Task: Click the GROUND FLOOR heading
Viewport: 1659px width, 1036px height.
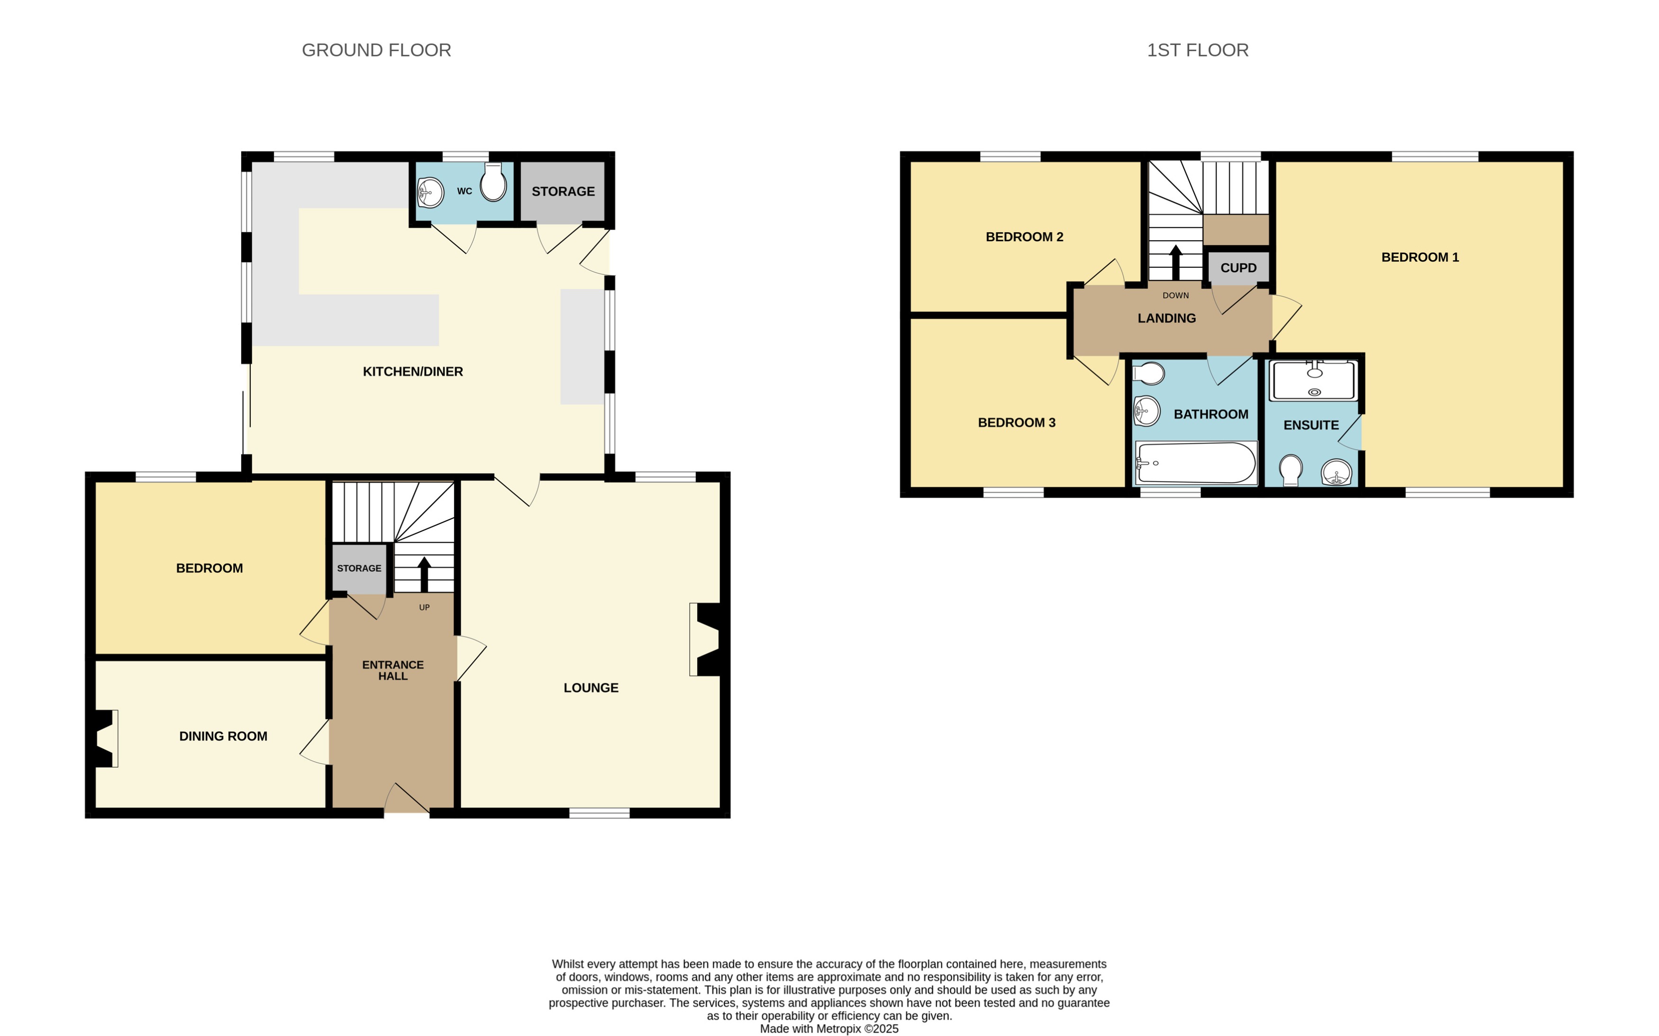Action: tap(376, 50)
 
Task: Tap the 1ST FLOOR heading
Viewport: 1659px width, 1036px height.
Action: tap(1197, 50)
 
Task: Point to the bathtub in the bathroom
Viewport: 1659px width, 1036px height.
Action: tap(1196, 463)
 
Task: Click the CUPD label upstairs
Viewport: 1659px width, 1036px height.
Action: tap(1238, 268)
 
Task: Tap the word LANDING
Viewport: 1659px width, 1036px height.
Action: tap(1167, 318)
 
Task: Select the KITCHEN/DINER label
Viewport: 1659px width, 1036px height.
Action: tap(412, 372)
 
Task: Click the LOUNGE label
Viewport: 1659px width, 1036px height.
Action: tap(591, 687)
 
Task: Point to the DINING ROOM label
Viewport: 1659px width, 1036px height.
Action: tap(223, 736)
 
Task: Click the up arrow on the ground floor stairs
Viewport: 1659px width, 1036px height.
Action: tap(424, 574)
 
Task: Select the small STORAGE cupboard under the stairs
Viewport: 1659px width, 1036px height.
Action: tap(359, 569)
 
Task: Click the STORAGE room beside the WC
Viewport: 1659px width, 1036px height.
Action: tap(563, 191)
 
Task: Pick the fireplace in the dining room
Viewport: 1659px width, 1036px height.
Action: tap(105, 739)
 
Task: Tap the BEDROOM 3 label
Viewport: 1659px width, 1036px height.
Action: tap(1016, 422)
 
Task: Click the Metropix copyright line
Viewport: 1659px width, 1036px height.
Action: tap(829, 1028)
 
